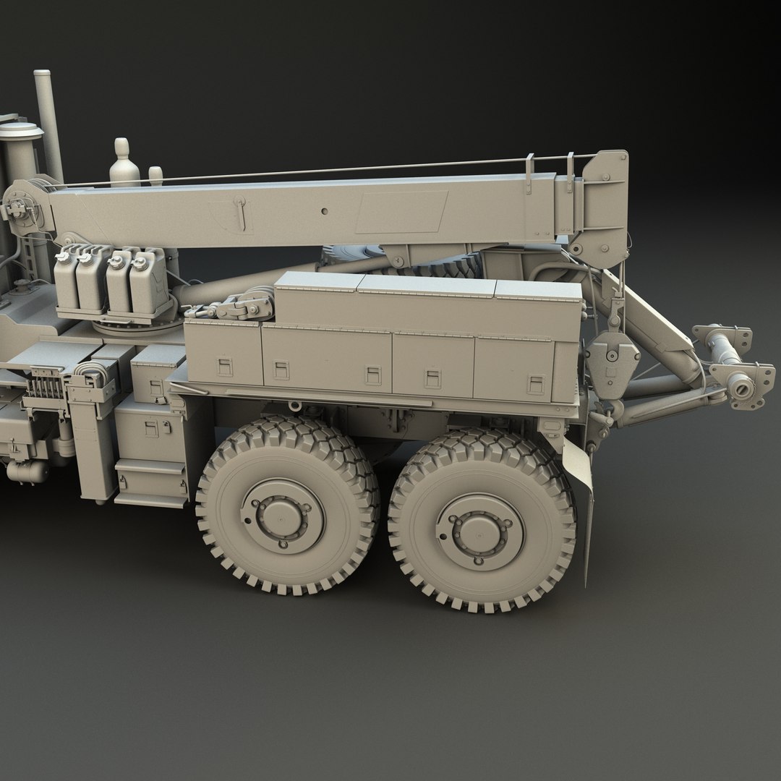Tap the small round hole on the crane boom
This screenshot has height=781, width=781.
tap(325, 211)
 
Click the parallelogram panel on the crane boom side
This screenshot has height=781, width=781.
tap(401, 212)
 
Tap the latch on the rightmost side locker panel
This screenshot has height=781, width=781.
tap(536, 383)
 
